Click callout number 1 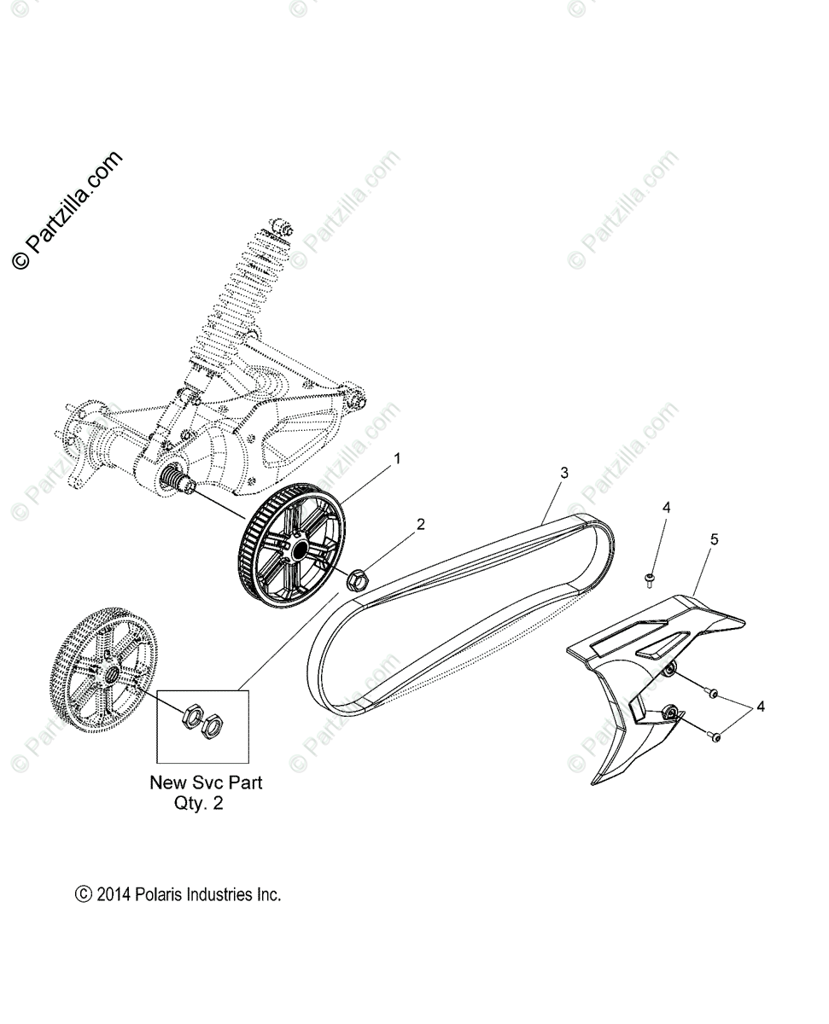396,459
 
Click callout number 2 420,525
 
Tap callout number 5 714,539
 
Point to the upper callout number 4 666,507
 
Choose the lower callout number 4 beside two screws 760,706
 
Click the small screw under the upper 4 650,581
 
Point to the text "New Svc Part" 206,782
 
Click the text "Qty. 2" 198,804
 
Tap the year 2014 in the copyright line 114,895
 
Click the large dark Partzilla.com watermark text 67,210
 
